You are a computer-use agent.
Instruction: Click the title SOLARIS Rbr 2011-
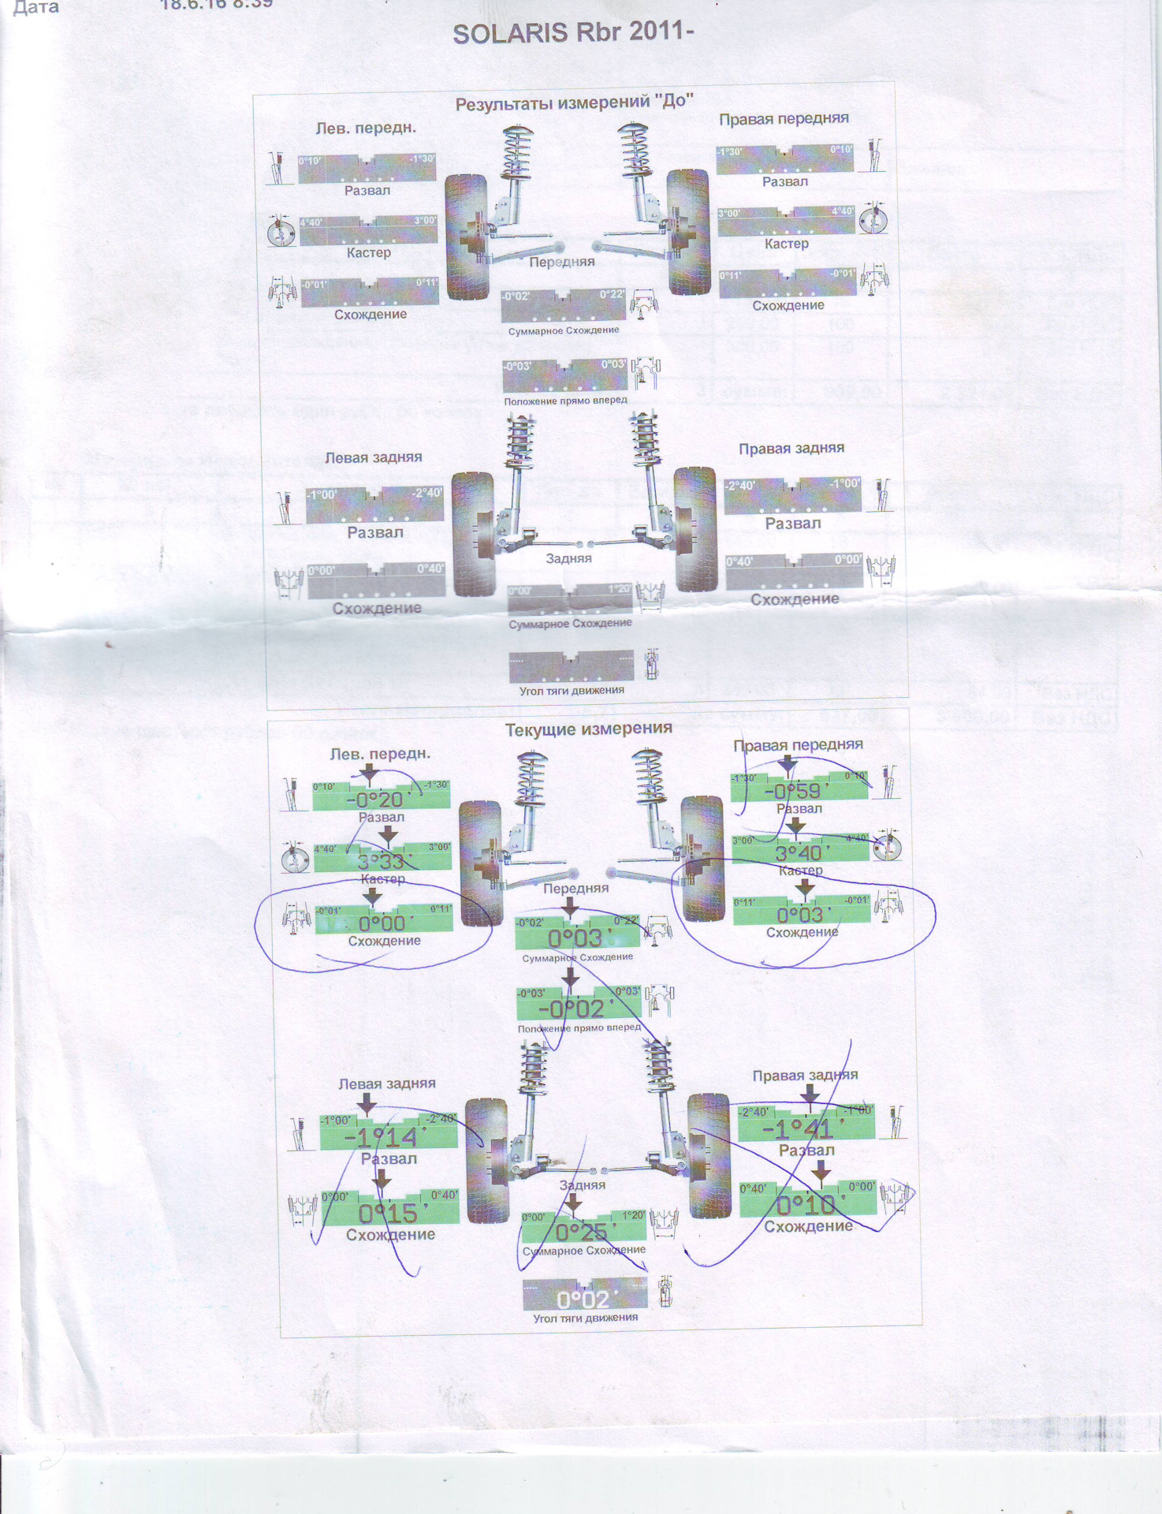tap(572, 34)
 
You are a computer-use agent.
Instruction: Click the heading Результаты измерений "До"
tap(574, 103)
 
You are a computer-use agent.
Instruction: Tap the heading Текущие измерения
tap(588, 729)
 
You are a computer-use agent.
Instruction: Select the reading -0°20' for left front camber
tap(378, 800)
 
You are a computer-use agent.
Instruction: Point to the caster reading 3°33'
tap(381, 861)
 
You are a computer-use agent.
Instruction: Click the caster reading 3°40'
tap(798, 853)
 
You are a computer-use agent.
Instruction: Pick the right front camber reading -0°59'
tap(796, 791)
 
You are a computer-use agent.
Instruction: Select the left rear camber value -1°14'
tap(380, 1137)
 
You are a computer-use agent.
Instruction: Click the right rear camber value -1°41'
tap(798, 1129)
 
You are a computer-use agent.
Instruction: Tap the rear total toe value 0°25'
tap(581, 1232)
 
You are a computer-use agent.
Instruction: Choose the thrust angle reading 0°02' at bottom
tap(583, 1300)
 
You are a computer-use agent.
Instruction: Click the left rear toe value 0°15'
tap(387, 1213)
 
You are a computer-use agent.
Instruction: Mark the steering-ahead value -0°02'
tap(571, 1009)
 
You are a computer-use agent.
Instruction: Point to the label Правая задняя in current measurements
tap(805, 1076)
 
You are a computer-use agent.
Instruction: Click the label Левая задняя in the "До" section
tap(373, 457)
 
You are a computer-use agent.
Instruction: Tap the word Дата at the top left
tap(36, 9)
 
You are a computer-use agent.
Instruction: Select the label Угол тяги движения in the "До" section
tap(572, 691)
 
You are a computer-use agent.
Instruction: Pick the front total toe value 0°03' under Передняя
tap(575, 938)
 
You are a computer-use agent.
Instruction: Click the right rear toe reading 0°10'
tap(805, 1205)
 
